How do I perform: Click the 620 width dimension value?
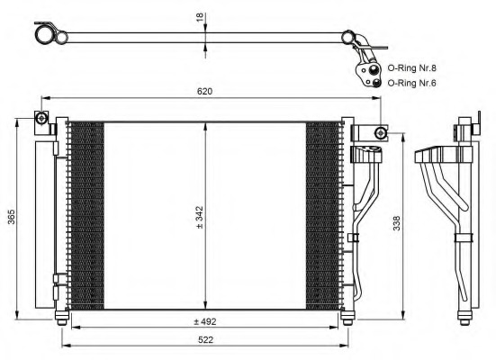point(204,92)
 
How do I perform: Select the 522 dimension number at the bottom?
point(205,340)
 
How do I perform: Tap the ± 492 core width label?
point(205,321)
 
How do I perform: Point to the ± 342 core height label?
point(199,217)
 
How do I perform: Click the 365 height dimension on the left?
point(12,217)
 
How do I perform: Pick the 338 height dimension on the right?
point(396,223)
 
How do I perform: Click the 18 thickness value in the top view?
point(200,17)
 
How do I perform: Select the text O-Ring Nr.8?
point(412,68)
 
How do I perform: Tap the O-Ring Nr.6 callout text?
point(412,83)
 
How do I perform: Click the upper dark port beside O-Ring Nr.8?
point(374,68)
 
